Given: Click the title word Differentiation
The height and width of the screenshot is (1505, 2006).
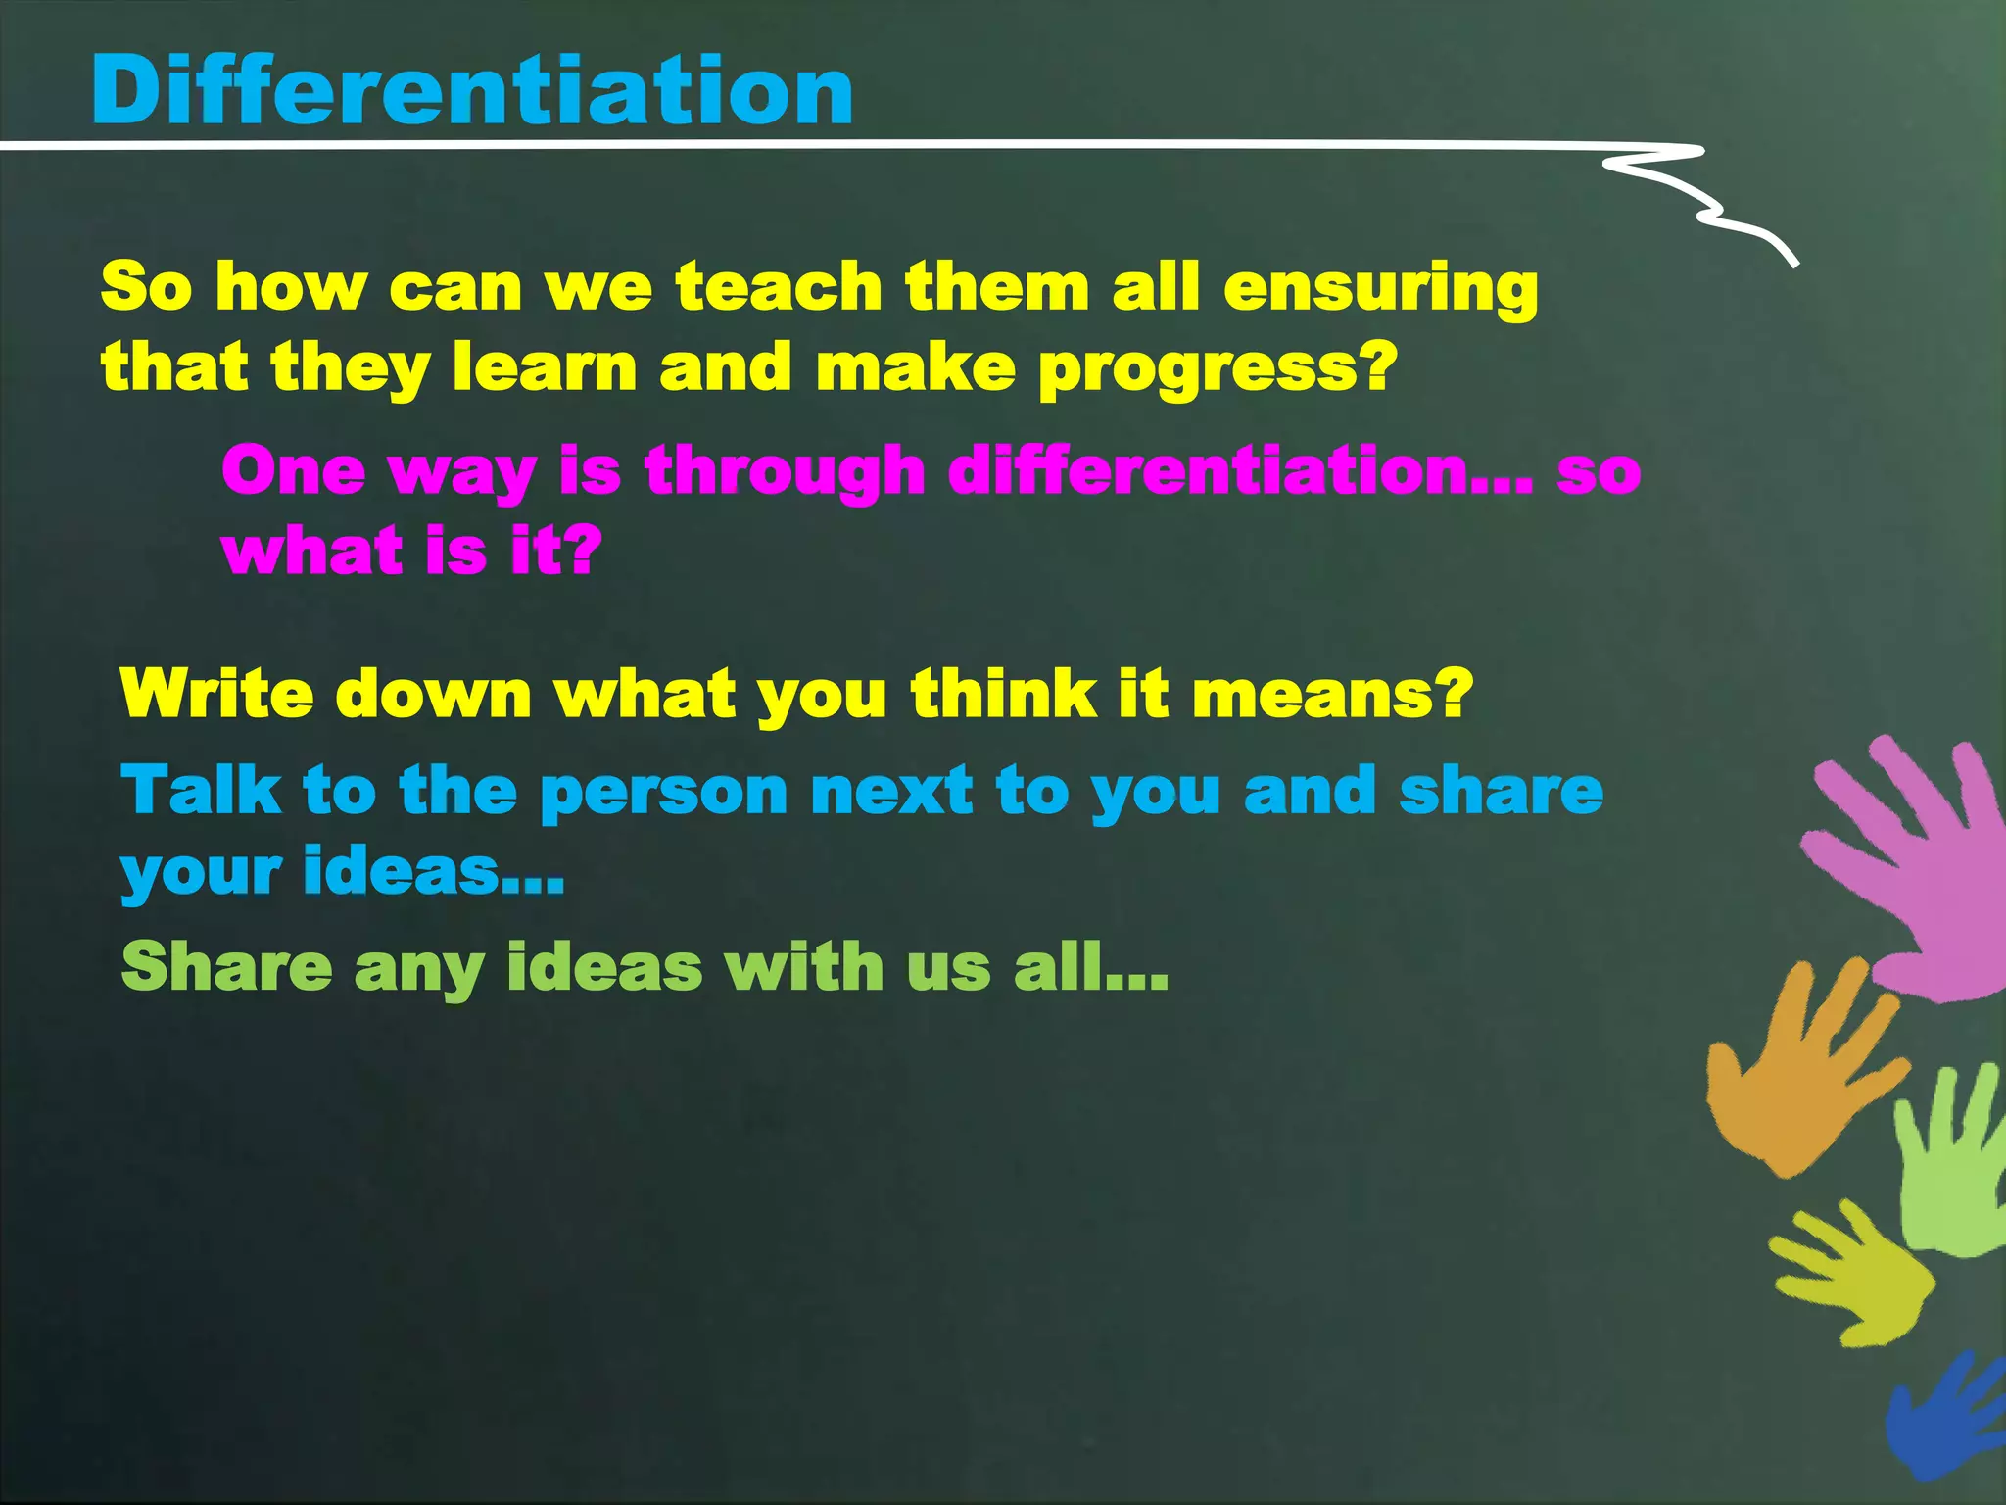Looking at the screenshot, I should (x=472, y=90).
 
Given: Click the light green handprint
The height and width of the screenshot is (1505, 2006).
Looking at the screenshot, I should (x=1949, y=1166).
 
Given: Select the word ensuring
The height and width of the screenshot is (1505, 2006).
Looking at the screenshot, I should (x=1380, y=290).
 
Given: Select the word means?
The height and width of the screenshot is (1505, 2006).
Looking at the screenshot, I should (x=1332, y=694).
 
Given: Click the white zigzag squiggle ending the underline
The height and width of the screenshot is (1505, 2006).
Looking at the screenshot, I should (x=1704, y=201).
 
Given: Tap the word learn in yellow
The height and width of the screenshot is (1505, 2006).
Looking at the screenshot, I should (x=544, y=367).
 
